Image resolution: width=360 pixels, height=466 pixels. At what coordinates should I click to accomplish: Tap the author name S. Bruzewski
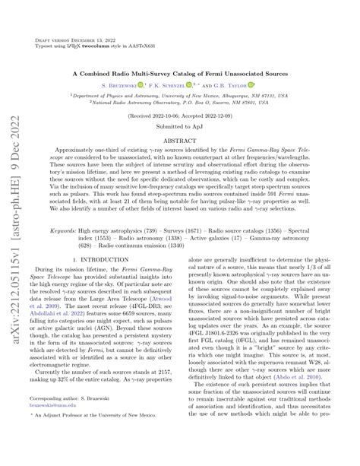(x=133, y=87)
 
